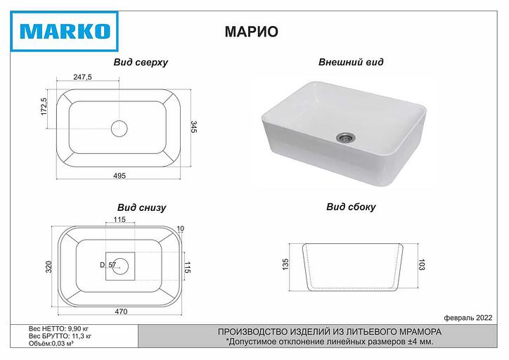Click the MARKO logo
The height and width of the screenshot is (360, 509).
(x=63, y=32)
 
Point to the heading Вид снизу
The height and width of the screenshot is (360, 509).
(x=141, y=208)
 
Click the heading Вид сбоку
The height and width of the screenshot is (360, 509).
(x=351, y=207)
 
